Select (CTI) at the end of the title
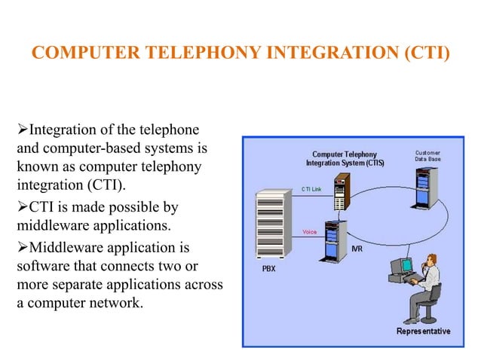(424, 54)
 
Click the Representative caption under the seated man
(423, 331)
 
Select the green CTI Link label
(311, 188)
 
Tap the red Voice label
(309, 231)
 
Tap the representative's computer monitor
(407, 265)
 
